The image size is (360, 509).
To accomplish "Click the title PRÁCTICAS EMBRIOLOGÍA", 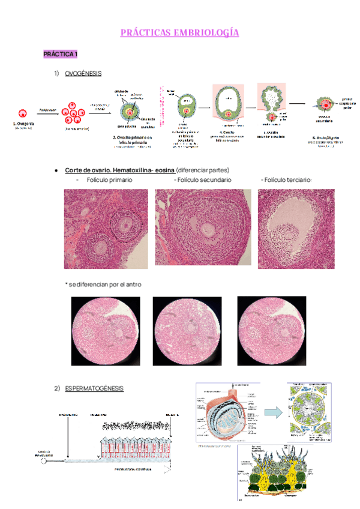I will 179,32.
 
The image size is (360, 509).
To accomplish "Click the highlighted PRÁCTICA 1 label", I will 60,55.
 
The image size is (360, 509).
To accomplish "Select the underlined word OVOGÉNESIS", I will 83,74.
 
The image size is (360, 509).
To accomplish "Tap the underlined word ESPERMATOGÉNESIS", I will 94,388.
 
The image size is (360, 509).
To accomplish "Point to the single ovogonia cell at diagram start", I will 24,112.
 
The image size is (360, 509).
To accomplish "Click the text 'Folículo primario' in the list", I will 109,180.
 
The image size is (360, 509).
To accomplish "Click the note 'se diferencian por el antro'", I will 103,284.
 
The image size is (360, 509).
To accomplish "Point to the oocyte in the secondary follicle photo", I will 208,229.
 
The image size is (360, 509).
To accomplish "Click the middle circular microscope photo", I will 179,331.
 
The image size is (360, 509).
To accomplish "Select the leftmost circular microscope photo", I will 97,331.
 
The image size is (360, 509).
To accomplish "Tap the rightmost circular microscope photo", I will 264,331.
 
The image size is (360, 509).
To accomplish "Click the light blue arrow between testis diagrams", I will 274,413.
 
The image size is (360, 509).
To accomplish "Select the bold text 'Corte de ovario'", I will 86,170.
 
